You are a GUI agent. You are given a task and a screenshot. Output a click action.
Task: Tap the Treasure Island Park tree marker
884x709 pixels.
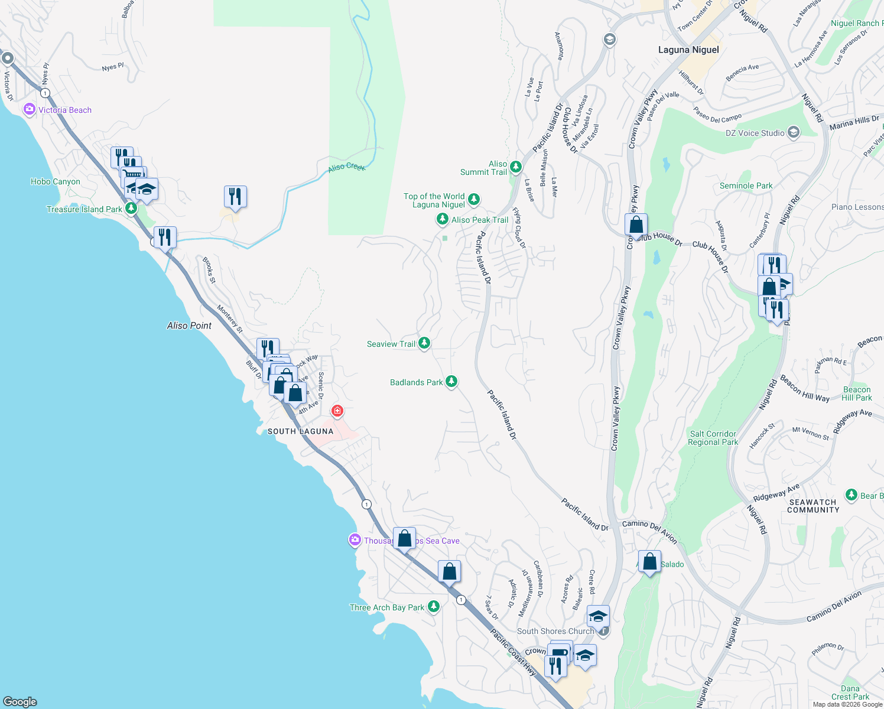coord(131,209)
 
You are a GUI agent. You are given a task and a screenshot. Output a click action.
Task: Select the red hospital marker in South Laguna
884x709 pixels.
coord(337,411)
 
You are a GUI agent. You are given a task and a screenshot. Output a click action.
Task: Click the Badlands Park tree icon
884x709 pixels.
coord(451,382)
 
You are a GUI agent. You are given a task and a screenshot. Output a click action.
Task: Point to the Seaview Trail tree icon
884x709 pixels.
coord(424,343)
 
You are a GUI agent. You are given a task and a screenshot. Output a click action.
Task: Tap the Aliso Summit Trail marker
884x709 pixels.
coord(516,167)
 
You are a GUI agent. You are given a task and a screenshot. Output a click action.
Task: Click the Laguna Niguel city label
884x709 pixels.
coord(688,50)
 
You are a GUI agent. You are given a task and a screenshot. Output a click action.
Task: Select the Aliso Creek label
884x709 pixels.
coord(347,167)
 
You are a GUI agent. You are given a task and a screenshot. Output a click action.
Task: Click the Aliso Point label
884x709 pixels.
coord(189,326)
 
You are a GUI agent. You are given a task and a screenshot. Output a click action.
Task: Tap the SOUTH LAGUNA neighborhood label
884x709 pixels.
coord(300,431)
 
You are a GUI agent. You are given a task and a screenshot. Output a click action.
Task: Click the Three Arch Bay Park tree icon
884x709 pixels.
coord(434,607)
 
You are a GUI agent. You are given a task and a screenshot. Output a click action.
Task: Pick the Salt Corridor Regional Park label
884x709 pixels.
coord(713,438)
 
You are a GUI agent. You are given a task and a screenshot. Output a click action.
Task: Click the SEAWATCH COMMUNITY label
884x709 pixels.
coord(813,506)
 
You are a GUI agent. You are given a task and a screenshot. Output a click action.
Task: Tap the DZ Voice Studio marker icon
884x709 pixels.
coord(794,132)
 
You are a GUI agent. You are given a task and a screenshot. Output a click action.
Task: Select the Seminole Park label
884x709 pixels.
coord(746,186)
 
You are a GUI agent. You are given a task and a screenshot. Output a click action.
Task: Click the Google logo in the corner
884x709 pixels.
coord(20,701)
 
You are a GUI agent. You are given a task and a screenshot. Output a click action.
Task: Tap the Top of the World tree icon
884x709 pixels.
coord(474,200)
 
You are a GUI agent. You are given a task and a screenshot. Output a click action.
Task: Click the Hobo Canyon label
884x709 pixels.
coord(56,181)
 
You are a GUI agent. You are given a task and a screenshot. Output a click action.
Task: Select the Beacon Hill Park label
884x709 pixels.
coord(857,393)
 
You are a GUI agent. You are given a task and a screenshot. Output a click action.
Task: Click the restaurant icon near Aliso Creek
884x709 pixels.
coord(235,197)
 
